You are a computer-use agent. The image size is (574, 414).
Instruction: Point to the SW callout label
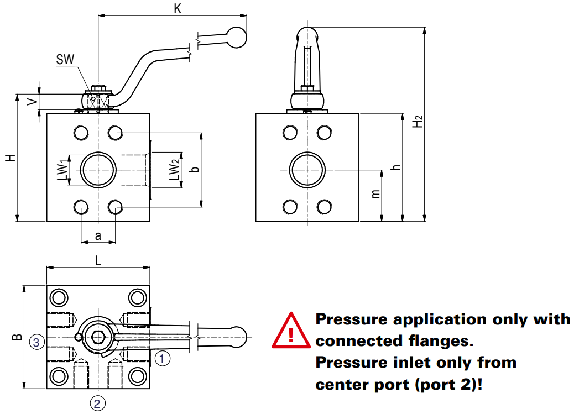coord(65,60)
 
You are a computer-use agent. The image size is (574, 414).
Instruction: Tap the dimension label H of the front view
coord(10,158)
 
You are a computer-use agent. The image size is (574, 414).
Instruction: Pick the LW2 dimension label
coord(174,170)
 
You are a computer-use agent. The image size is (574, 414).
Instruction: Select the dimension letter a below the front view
coord(98,236)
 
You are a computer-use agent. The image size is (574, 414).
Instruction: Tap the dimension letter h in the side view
coord(394,167)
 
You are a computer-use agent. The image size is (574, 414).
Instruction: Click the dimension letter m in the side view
coord(375,195)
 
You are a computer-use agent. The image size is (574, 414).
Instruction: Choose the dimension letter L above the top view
coord(98,261)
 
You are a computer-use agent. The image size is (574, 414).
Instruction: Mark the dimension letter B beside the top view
coord(17,337)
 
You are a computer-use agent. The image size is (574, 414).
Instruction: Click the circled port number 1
coord(162,359)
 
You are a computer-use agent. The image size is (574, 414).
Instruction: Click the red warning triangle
coord(290,332)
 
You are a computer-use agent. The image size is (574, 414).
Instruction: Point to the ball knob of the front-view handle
coord(236,36)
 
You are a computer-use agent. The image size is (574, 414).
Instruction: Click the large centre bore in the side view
coord(306,170)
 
